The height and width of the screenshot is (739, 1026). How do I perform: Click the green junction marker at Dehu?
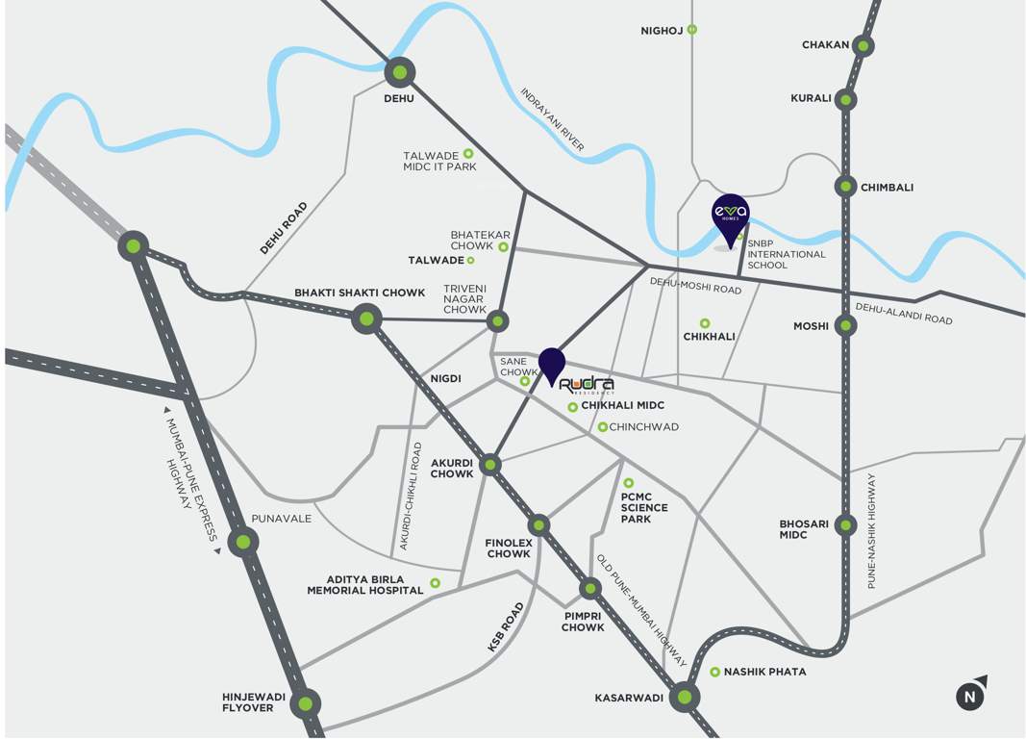click(399, 72)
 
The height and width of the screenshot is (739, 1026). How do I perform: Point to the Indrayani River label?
click(552, 120)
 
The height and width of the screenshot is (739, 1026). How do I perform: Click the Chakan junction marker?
click(863, 45)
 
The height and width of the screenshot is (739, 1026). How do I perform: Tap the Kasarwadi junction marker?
click(684, 697)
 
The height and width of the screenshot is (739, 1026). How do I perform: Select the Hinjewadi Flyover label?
click(247, 701)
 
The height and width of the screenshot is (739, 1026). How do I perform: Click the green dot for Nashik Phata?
click(714, 672)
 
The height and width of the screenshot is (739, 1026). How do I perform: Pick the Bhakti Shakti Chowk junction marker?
click(365, 319)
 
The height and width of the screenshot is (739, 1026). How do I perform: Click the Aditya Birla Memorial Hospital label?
click(364, 584)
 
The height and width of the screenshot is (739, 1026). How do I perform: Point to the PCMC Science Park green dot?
click(629, 483)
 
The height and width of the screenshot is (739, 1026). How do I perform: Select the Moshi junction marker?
click(845, 326)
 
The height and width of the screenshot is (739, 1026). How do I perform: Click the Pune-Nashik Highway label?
click(872, 530)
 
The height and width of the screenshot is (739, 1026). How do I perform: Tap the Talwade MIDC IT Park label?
click(438, 161)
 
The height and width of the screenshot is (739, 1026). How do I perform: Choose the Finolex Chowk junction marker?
click(538, 524)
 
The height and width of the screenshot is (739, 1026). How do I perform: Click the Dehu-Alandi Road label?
click(904, 313)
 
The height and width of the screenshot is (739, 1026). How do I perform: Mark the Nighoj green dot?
click(692, 30)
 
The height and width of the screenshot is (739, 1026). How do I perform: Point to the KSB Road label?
click(505, 629)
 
